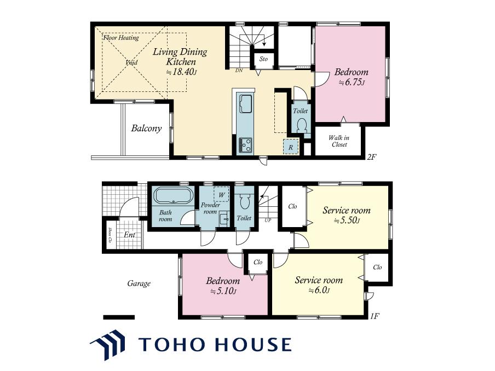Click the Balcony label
coord(146,129)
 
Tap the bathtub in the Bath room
coord(173,196)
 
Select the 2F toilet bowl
coord(302,125)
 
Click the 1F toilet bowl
coord(244,201)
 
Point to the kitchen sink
coord(246,103)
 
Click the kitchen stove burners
coord(245,145)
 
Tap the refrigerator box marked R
coord(291,147)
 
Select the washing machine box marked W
coord(221,194)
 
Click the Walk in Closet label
coord(339,141)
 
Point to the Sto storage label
coord(263,59)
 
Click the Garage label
coord(139,283)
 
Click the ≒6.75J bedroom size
coord(352,83)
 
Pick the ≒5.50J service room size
coord(347,221)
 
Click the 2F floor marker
coord(372,157)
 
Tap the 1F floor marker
coord(375,316)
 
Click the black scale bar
coord(119,317)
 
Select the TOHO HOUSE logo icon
coord(108,345)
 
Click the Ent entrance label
coord(129,235)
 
